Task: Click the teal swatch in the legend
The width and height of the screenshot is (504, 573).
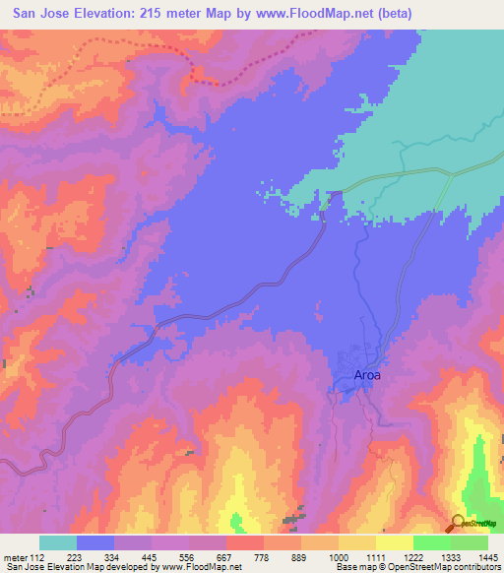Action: pos(58,541)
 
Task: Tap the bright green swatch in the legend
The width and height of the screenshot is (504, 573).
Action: pos(431,541)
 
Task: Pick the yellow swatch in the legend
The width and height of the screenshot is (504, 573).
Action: pos(394,541)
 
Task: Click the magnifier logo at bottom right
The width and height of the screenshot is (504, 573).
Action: pos(456,524)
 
